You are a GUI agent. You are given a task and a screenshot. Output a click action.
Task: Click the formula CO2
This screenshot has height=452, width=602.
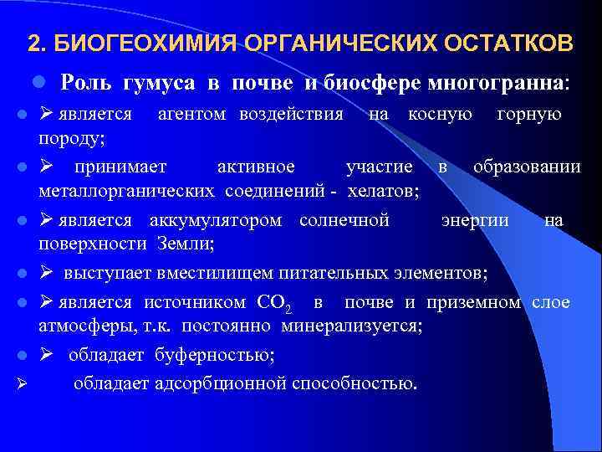[276, 302]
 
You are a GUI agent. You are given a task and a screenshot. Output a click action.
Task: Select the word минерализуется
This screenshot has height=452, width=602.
[350, 325]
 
